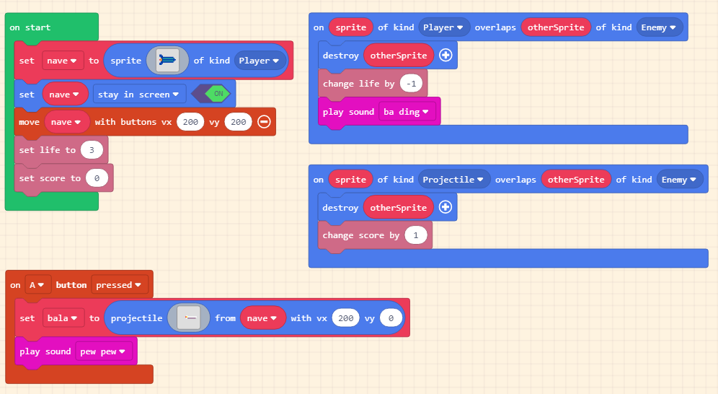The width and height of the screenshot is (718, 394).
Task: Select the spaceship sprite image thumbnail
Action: click(167, 61)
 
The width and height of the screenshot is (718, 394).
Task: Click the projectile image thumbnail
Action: click(189, 318)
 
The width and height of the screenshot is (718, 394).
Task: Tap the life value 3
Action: click(92, 150)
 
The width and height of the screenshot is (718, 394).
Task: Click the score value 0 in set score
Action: click(97, 178)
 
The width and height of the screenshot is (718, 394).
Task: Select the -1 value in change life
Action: click(411, 84)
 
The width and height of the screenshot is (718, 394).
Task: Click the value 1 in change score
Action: click(416, 235)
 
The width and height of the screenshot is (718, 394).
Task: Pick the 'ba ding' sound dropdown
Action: click(406, 112)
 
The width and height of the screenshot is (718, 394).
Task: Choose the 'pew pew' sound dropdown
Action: click(103, 351)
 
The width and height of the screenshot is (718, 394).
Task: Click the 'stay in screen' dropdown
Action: click(138, 95)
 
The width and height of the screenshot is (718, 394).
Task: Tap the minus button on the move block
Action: click(265, 121)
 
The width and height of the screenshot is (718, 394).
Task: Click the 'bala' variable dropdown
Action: click(63, 318)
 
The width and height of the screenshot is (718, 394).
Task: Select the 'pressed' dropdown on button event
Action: click(119, 285)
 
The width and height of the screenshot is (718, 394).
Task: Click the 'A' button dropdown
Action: click(37, 285)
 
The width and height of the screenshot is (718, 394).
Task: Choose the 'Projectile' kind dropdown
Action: click(453, 180)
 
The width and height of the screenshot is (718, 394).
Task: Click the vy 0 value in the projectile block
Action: click(391, 318)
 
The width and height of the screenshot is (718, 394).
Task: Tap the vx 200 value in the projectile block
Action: click(346, 318)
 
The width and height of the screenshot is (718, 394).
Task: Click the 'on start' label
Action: click(30, 27)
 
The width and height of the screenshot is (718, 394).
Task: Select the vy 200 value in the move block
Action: click(238, 122)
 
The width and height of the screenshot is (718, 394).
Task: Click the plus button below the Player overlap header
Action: click(446, 55)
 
